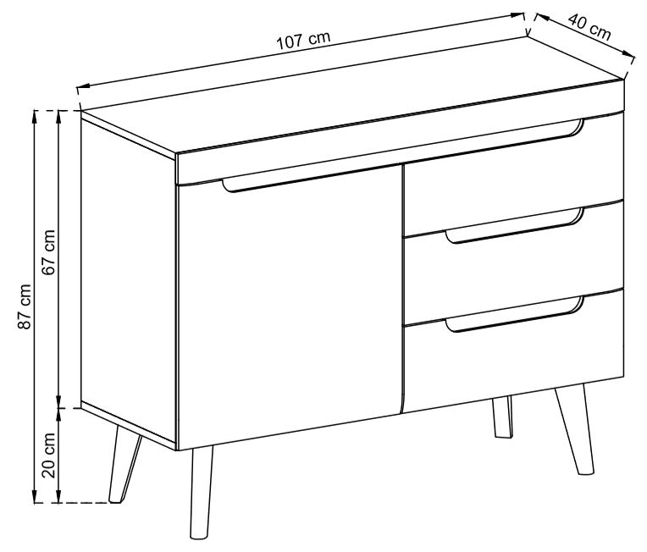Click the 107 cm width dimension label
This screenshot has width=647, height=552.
(303, 40)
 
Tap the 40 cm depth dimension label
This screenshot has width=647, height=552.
(589, 27)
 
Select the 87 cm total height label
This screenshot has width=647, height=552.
(25, 306)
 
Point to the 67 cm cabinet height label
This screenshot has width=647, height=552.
(48, 252)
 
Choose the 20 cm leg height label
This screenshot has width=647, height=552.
(48, 455)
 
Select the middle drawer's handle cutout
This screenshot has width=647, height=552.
(515, 226)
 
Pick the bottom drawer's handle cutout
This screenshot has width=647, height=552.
(515, 314)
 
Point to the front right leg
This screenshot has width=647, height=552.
(575, 429)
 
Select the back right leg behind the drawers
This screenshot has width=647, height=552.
(503, 417)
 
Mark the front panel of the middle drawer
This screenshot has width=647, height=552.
(514, 264)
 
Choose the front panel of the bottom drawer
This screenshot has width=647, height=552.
(514, 351)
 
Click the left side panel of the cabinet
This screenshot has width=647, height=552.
(129, 280)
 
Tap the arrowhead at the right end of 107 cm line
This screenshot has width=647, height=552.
(517, 15)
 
